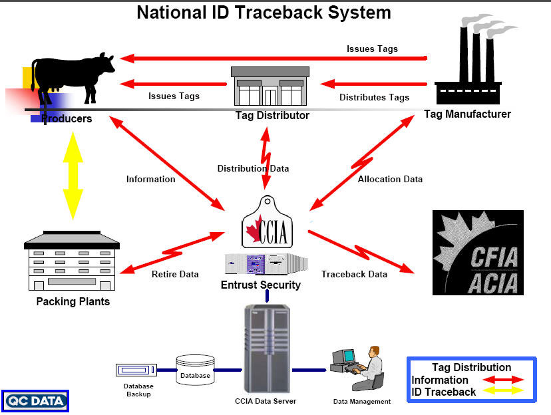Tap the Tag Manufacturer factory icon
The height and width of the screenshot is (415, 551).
474,67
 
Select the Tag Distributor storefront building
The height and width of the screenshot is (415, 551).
272,88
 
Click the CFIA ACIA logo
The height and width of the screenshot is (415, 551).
478,252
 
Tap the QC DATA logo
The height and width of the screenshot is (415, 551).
35,400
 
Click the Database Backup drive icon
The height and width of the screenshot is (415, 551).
136,369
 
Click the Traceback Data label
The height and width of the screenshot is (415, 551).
354,274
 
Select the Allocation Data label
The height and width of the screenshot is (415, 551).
390,179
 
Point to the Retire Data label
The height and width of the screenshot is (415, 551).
175,274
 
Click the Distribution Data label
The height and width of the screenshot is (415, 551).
253,168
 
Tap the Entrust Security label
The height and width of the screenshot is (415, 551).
261,285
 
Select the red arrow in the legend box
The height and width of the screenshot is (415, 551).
504,380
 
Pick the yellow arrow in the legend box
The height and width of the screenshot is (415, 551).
504,392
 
